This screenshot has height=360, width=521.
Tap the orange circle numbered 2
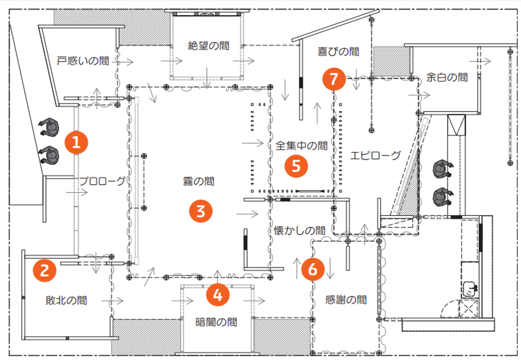pos(45,269)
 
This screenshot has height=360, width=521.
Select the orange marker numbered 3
pos(201,211)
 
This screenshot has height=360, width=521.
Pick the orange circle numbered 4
pos(218,295)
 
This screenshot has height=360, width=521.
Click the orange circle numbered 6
pos(313,270)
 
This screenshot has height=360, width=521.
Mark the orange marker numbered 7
pos(334,78)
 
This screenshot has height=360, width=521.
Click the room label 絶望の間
pos(208,46)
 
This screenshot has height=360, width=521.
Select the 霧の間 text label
pos(199,181)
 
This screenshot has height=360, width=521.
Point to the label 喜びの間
pos(338,51)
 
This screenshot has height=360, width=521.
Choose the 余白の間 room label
pos(447,76)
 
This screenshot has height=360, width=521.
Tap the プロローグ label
pos(102,181)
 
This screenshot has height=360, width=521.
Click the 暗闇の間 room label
pos(217,322)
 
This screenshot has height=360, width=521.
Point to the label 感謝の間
pos(346,300)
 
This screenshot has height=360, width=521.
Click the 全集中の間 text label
pos(302,145)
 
